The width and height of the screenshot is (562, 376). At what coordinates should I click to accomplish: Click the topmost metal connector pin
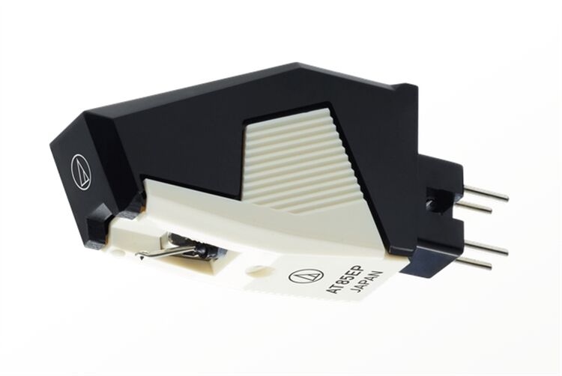point(487,194)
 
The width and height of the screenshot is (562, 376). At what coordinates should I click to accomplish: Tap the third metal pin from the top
point(487,248)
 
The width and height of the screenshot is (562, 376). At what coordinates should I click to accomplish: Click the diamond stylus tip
point(141,256)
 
